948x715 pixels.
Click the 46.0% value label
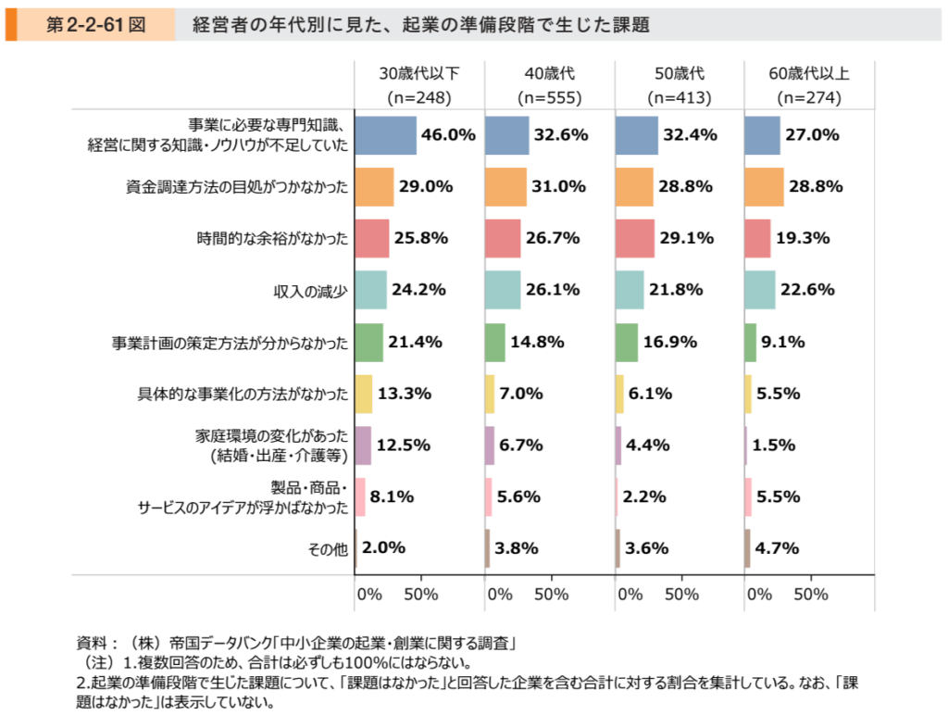(448, 135)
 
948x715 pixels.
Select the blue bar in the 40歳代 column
(506, 135)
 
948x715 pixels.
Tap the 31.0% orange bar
(505, 186)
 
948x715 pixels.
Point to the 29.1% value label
(686, 238)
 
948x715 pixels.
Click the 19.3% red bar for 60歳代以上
(757, 238)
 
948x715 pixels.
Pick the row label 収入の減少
(310, 290)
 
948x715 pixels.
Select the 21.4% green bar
(368, 342)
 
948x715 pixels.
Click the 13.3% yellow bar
(363, 394)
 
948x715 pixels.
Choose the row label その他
(328, 548)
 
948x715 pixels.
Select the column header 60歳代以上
(808, 73)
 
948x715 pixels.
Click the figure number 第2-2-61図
(94, 25)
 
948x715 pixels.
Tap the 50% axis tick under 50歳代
(681, 594)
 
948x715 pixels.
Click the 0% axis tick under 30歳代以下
(369, 594)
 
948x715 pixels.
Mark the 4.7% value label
(777, 548)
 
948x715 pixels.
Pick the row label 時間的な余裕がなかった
(272, 238)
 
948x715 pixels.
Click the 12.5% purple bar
(363, 445)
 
